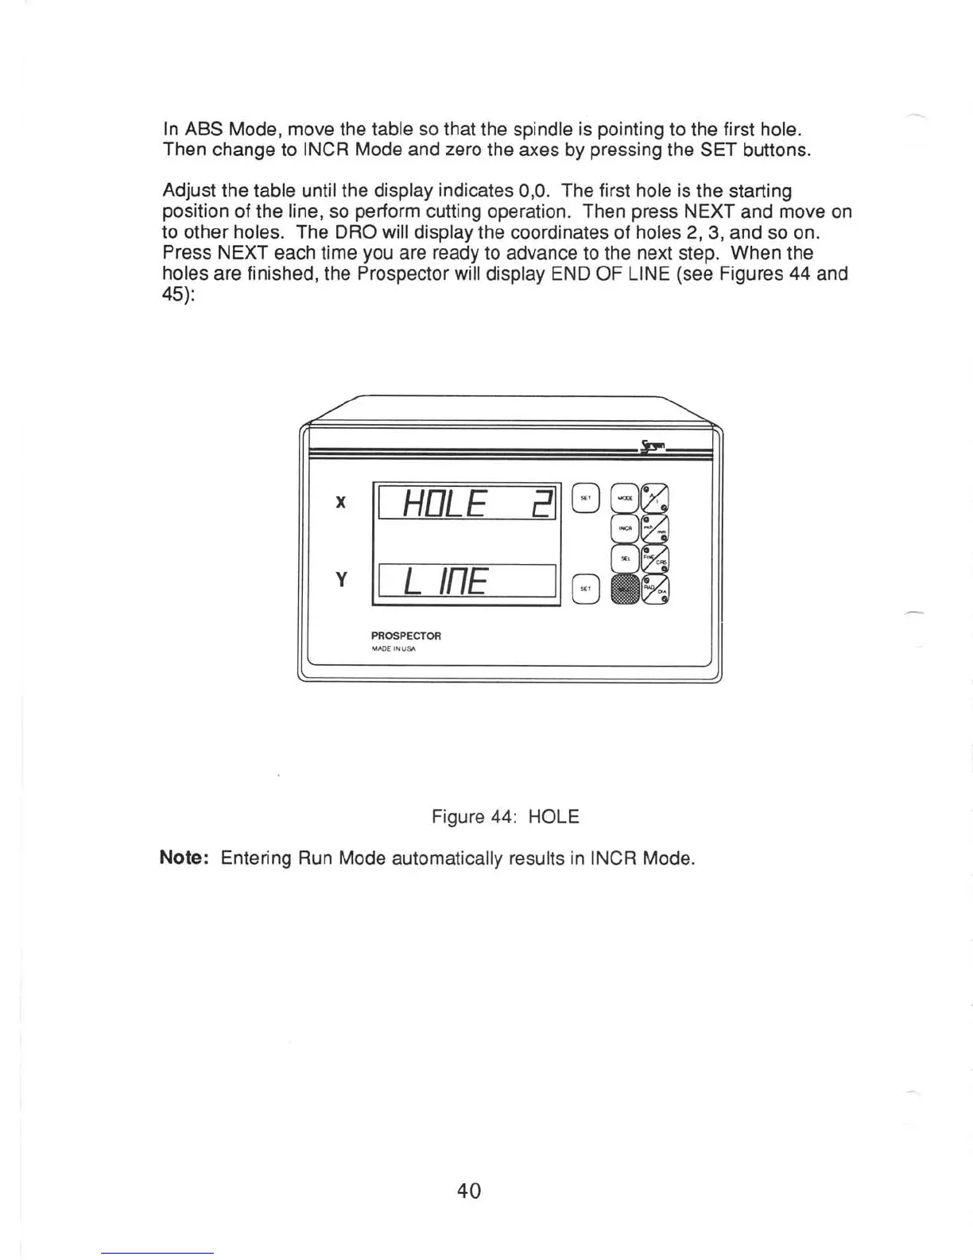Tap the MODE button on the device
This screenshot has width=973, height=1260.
click(x=624, y=498)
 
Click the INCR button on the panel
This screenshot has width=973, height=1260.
click(x=625, y=528)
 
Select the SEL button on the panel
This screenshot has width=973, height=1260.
click(x=625, y=558)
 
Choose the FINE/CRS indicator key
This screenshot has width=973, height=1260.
click(x=656, y=559)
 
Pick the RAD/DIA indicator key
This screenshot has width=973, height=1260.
click(x=656, y=589)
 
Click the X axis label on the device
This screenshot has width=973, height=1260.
click(x=341, y=502)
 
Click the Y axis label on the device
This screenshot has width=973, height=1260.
click(x=341, y=579)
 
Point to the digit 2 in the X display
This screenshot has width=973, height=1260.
click(x=542, y=504)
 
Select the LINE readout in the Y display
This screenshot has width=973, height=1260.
click(x=445, y=581)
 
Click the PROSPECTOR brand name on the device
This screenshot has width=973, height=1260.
click(x=405, y=636)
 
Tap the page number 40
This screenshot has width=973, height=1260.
click(x=469, y=1191)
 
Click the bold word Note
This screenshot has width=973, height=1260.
click(x=184, y=857)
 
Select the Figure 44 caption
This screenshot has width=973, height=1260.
click(x=505, y=817)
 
